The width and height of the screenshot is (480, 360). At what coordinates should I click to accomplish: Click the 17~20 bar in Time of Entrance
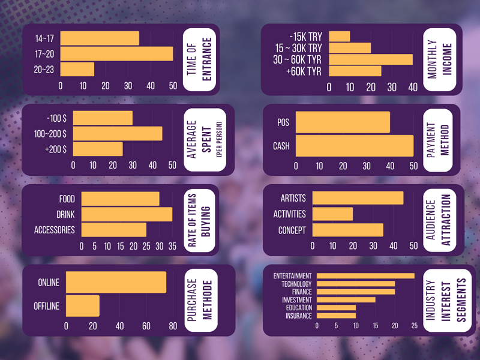[116, 54]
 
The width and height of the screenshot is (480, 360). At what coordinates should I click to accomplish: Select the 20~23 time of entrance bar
[77, 69]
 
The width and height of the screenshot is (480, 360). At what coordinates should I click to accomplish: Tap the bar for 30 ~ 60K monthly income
[371, 59]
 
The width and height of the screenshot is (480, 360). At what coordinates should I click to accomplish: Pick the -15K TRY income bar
[340, 36]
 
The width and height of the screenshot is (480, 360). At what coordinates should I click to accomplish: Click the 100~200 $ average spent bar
[118, 133]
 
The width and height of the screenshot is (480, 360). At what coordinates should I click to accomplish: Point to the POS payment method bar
[343, 122]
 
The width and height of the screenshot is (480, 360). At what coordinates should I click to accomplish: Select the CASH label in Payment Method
[281, 146]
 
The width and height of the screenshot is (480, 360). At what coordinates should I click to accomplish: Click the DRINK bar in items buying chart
[127, 214]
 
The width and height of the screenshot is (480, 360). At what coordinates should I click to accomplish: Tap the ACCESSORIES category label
[55, 230]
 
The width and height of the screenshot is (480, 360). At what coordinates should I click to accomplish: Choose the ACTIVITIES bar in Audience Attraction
[332, 214]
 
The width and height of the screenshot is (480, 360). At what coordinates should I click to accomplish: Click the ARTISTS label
[293, 199]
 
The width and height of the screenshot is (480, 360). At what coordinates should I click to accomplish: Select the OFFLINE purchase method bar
[83, 306]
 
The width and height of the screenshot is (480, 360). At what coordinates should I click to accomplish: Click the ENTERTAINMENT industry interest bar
[365, 276]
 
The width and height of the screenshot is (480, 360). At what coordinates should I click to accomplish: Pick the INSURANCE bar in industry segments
[336, 316]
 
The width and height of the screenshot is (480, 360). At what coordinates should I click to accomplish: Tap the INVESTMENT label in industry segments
[297, 300]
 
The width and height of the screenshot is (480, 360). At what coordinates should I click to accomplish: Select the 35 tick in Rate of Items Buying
[172, 246]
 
